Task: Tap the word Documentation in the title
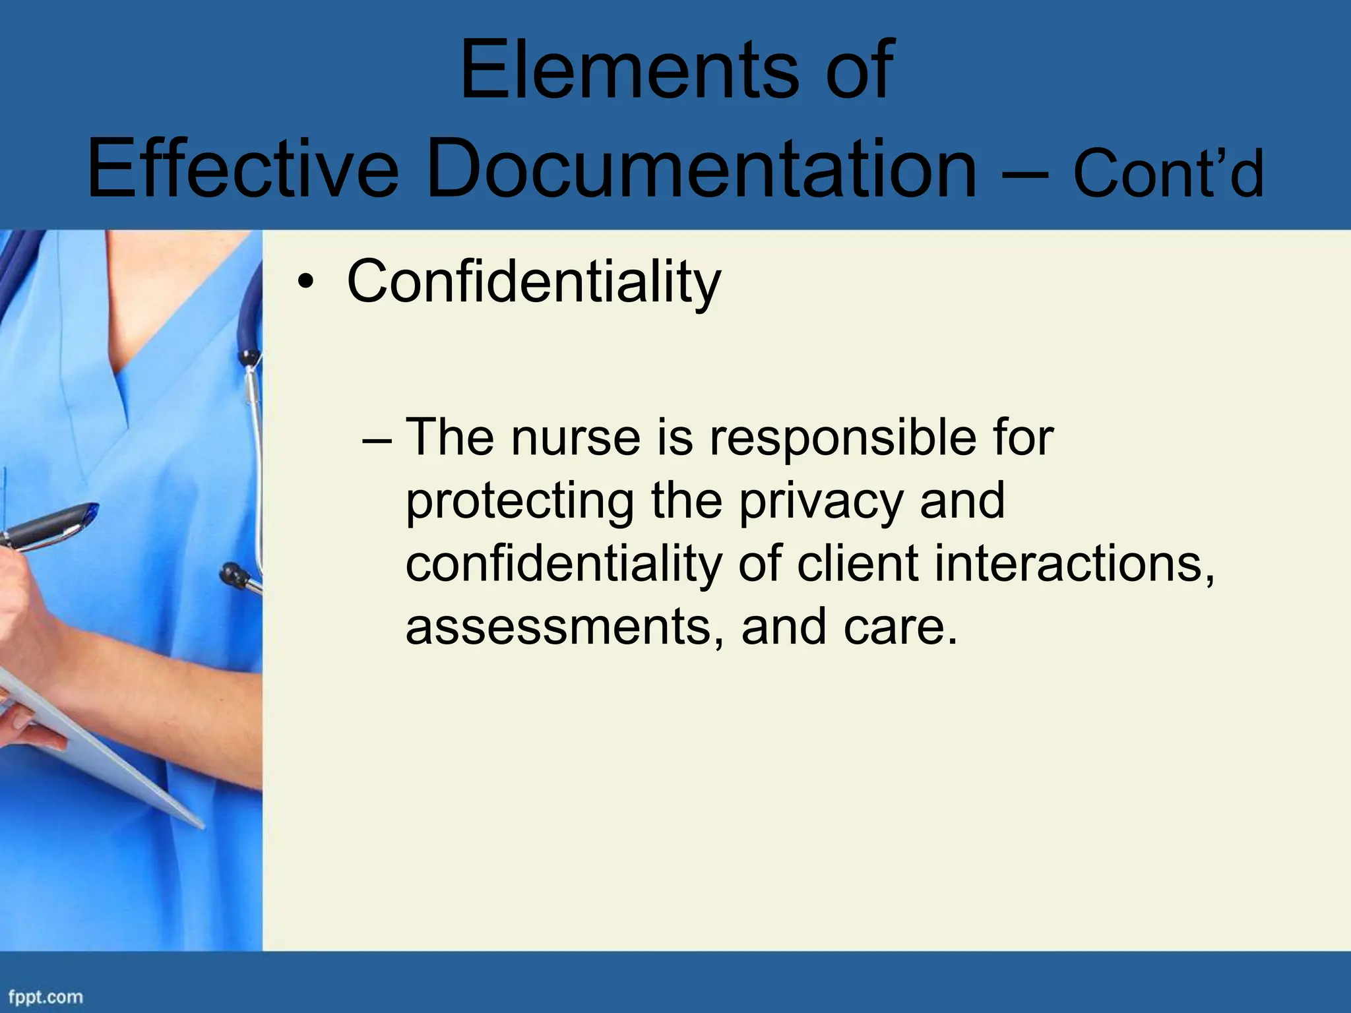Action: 702,168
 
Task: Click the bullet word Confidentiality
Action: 533,282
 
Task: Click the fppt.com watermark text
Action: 45,997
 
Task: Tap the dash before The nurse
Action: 377,439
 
